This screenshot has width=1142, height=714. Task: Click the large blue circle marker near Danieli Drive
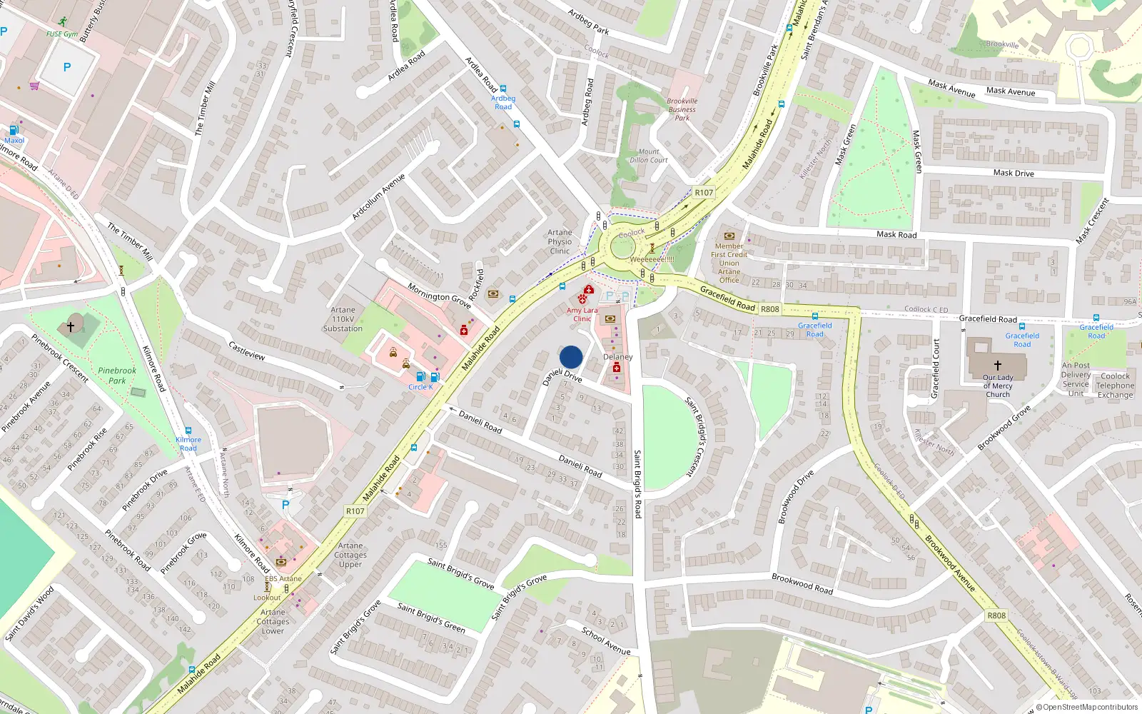(x=571, y=357)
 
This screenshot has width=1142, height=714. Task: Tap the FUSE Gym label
(x=62, y=34)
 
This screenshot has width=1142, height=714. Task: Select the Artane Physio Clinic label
(x=560, y=242)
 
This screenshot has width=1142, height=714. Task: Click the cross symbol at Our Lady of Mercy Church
(x=997, y=365)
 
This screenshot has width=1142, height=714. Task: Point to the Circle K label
(x=420, y=387)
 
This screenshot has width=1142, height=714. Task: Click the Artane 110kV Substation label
(x=343, y=319)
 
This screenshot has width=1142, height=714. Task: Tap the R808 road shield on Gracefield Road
(x=770, y=309)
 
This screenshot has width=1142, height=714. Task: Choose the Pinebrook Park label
(x=117, y=376)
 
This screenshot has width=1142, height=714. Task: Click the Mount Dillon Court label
(x=648, y=156)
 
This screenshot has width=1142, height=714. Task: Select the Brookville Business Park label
(x=682, y=109)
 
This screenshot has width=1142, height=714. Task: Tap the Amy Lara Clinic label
(x=582, y=314)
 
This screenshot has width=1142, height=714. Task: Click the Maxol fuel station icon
(x=14, y=131)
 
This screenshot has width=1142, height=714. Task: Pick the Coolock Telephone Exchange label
(x=1115, y=386)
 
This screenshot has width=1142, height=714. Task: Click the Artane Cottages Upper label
(x=350, y=555)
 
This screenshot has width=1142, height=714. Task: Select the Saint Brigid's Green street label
(x=431, y=618)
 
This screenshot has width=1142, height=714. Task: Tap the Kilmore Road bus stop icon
(x=188, y=431)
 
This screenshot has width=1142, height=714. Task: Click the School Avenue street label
(x=606, y=641)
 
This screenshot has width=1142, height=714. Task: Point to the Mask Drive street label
(x=1014, y=173)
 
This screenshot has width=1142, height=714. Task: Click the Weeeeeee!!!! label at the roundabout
(x=652, y=259)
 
